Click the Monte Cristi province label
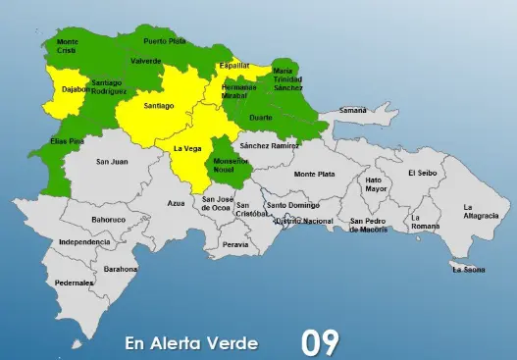coord(68,47)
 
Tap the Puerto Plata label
coord(164,41)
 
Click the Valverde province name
coord(145,61)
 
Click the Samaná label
coord(352,111)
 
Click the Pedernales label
coord(75,283)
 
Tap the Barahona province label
coord(121,268)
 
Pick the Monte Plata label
coord(314,174)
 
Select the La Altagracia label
coord(482,211)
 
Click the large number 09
coord(320,342)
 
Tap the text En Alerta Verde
coord(191,343)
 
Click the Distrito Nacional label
coord(304,222)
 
